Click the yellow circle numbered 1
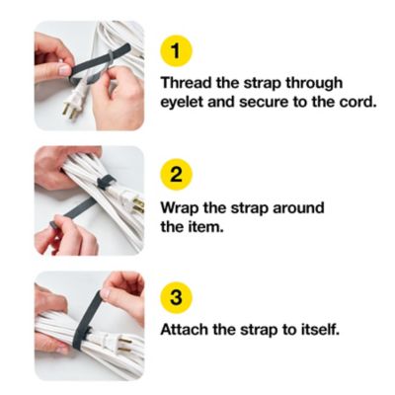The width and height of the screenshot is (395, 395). [179, 50]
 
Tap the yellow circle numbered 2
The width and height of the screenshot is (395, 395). [179, 176]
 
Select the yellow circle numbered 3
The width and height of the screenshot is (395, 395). [179, 297]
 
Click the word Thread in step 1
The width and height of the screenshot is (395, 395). [189, 83]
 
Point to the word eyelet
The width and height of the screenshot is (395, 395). [186, 103]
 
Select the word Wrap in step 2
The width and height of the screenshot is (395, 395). [183, 208]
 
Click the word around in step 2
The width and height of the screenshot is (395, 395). [297, 208]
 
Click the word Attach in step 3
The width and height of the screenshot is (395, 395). [188, 329]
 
